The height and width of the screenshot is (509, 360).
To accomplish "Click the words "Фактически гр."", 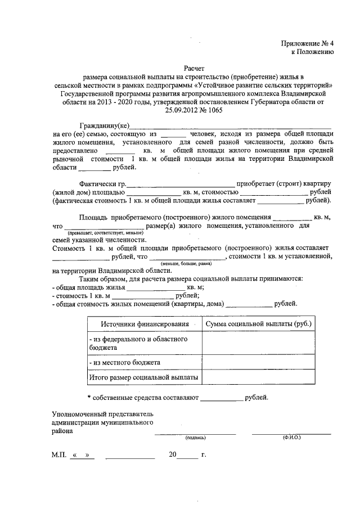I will [x=102, y=184].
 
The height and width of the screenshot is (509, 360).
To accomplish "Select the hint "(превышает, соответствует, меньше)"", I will [x=105, y=232].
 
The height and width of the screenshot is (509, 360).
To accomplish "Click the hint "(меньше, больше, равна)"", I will [x=186, y=263].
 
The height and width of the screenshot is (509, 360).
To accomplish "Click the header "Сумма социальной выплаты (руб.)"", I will [x=259, y=325].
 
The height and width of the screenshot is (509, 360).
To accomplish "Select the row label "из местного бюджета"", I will [x=125, y=362].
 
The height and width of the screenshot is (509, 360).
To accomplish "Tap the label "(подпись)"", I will [x=196, y=437].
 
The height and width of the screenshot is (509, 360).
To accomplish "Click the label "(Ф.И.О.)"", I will [x=291, y=437].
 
